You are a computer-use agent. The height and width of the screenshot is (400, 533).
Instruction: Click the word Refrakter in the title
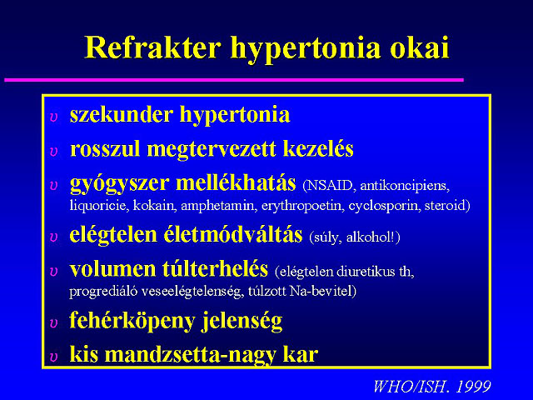coord(152,47)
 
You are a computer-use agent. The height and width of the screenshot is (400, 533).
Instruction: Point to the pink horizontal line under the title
coord(234,80)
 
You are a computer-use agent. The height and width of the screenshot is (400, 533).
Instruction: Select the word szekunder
coord(122,114)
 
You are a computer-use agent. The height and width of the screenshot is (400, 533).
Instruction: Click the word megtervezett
coord(211,149)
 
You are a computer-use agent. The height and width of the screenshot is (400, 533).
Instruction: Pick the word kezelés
coord(318,148)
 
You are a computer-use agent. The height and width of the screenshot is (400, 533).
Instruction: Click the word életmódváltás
coord(233,235)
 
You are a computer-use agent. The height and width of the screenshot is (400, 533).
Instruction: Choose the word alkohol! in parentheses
coord(371,237)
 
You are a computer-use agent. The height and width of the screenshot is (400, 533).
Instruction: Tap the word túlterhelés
coord(215,268)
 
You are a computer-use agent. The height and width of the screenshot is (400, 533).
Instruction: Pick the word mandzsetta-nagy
coord(191,355)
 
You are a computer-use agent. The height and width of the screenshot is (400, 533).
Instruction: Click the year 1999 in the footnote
coord(473,387)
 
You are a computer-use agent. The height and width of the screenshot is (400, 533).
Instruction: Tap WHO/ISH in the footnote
coord(411,387)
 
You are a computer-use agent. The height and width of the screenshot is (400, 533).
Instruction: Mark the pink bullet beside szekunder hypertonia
coord(53,117)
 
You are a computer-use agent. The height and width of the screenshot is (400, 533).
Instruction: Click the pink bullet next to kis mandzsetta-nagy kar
coord(53,357)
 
